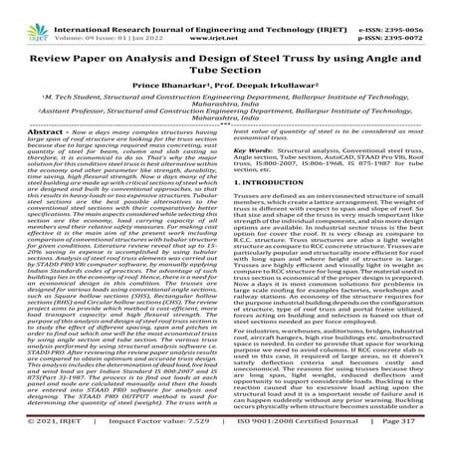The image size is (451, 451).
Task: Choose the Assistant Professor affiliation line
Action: click(x=225, y=130)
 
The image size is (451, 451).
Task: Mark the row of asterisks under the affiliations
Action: click(x=225, y=147)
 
